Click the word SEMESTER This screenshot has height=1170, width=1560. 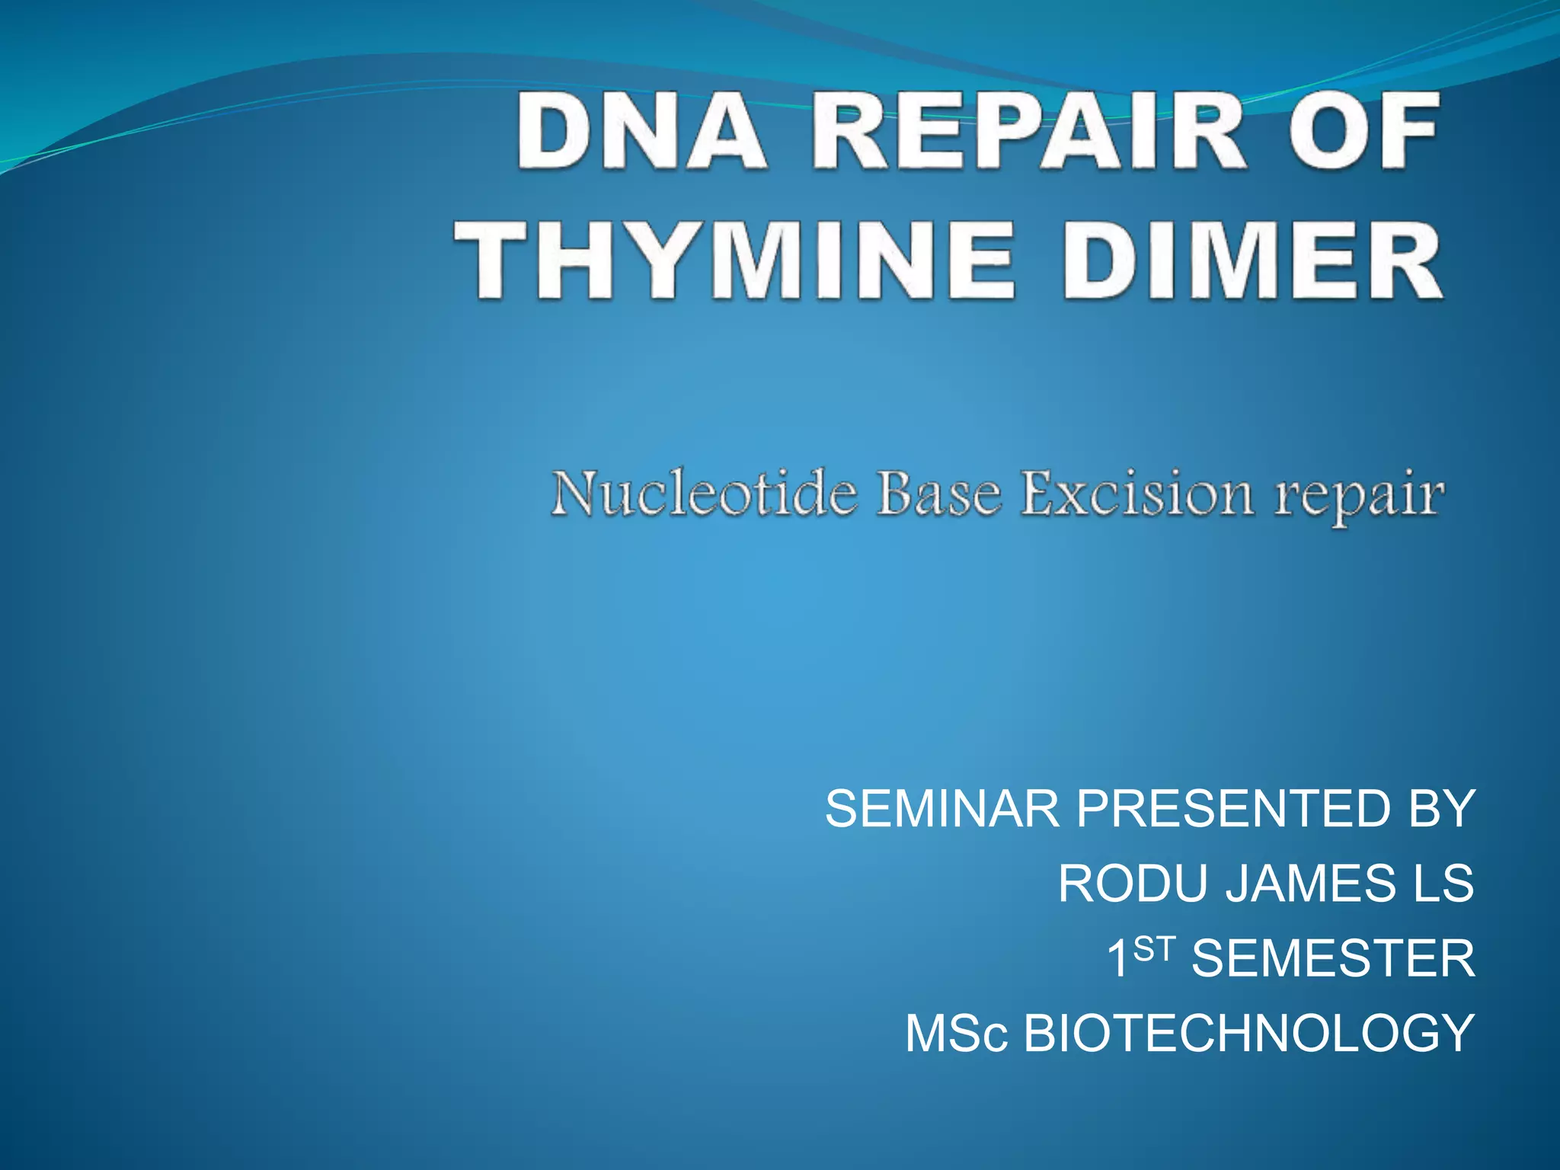[1333, 959]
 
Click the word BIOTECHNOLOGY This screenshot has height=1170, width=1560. [1248, 1034]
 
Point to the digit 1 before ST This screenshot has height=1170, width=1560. [1118, 959]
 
